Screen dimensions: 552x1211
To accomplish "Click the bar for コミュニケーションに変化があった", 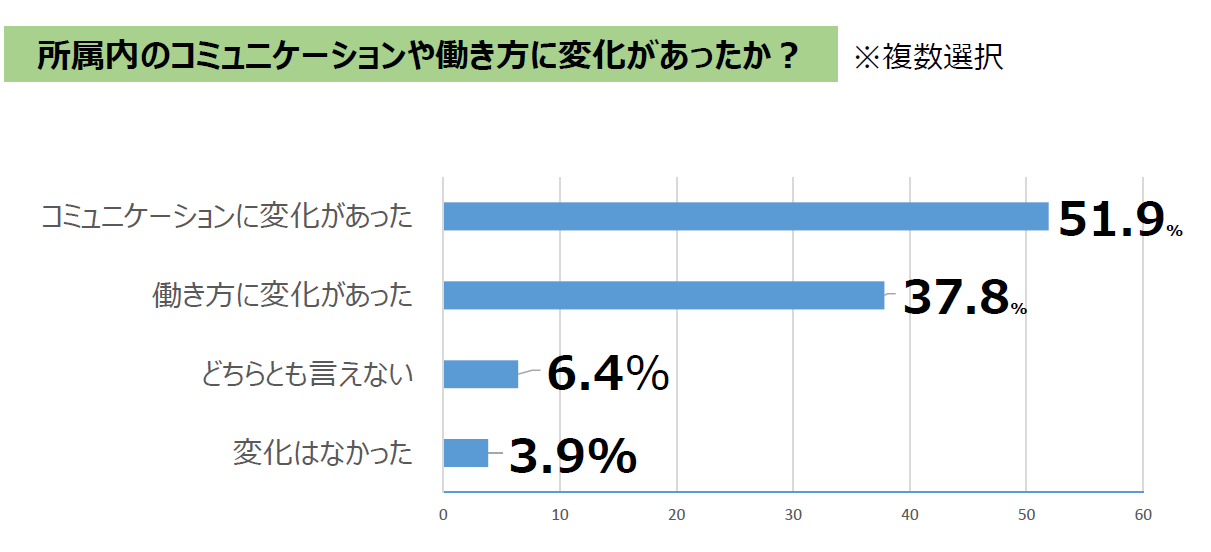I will (x=745, y=216).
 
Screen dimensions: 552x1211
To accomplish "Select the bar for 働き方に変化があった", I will (x=663, y=295).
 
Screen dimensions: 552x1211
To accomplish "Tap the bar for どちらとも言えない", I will (x=480, y=374).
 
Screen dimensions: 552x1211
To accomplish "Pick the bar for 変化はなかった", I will (x=465, y=453).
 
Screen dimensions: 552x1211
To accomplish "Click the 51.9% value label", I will (x=1119, y=220).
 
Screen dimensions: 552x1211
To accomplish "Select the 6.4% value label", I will (x=607, y=375).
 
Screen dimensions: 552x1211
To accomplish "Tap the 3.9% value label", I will (x=572, y=456).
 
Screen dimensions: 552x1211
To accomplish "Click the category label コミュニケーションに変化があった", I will (x=227, y=217).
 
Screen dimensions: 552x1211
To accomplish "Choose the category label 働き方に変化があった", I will (x=282, y=296).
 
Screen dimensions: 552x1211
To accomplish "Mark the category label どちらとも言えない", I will (x=307, y=374).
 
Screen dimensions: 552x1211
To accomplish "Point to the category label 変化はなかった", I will (x=322, y=453).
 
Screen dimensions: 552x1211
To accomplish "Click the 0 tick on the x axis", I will (x=443, y=516).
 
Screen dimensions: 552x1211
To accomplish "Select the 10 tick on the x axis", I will (x=560, y=516).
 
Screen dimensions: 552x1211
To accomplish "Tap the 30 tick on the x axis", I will (x=793, y=516).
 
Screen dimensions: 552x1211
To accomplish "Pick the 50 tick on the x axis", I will (x=1026, y=516).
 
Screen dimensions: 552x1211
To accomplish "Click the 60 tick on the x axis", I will (x=1143, y=516).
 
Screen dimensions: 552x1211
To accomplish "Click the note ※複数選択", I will (x=927, y=56).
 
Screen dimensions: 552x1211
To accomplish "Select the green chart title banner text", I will (x=417, y=55).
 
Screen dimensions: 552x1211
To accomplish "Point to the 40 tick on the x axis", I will (x=910, y=516).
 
